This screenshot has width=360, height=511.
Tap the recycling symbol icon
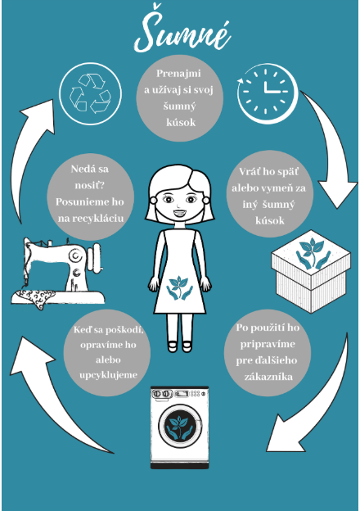pos(90,94)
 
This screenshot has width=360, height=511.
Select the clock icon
pos(267,93)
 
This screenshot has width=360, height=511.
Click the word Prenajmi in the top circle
pos(178,73)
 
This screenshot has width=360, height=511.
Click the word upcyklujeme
pos(108,375)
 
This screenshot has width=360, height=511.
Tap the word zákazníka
pos(268,377)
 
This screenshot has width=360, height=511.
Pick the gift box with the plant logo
pos(311,271)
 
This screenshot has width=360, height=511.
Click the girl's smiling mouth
pos(179,214)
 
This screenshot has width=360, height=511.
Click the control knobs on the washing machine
pos(163,394)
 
